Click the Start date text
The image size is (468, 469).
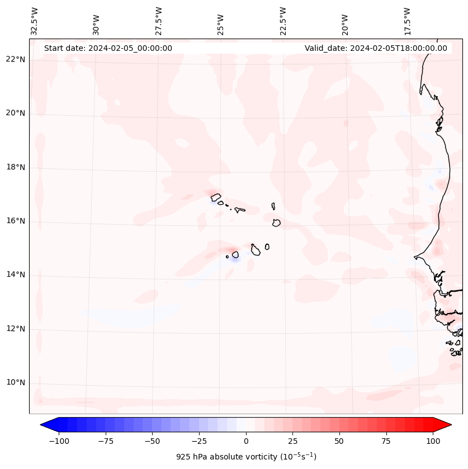point(108,48)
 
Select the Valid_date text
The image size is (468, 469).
point(376,48)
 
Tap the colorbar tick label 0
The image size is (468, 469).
point(246,441)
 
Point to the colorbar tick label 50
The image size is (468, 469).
point(339,441)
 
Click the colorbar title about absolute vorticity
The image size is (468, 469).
point(246,457)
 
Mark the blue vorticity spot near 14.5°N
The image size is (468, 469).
point(235,258)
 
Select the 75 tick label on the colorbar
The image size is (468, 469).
point(386,441)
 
